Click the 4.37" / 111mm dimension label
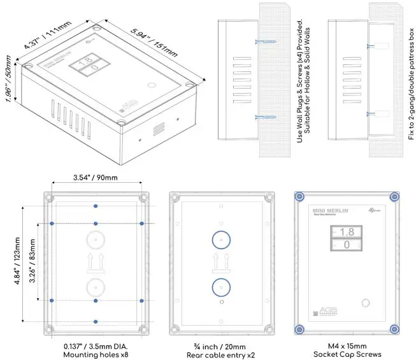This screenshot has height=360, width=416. tap(47, 36)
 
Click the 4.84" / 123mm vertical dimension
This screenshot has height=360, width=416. tap(15, 263)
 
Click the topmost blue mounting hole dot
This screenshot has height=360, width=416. tap(96, 205)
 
